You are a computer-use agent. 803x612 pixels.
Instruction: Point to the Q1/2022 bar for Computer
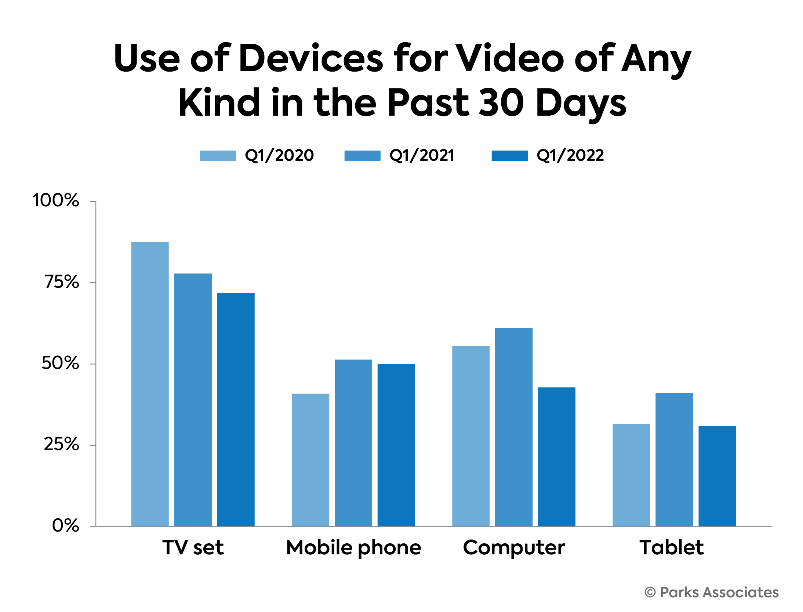(x=556, y=457)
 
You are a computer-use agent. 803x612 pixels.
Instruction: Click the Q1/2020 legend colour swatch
(x=218, y=156)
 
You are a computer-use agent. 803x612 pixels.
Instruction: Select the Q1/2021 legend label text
(x=422, y=156)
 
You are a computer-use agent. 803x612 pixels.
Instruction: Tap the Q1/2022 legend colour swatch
(x=509, y=156)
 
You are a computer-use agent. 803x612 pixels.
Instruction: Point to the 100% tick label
(x=56, y=200)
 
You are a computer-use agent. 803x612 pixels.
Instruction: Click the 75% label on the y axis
(x=62, y=282)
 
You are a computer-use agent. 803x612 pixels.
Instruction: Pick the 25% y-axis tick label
(x=61, y=444)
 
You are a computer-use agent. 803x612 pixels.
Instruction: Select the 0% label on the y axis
(x=65, y=525)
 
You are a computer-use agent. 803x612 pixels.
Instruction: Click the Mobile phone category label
(x=353, y=548)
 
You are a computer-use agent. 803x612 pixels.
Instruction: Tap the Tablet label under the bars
(x=671, y=547)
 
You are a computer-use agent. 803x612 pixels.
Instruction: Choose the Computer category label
(x=513, y=548)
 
